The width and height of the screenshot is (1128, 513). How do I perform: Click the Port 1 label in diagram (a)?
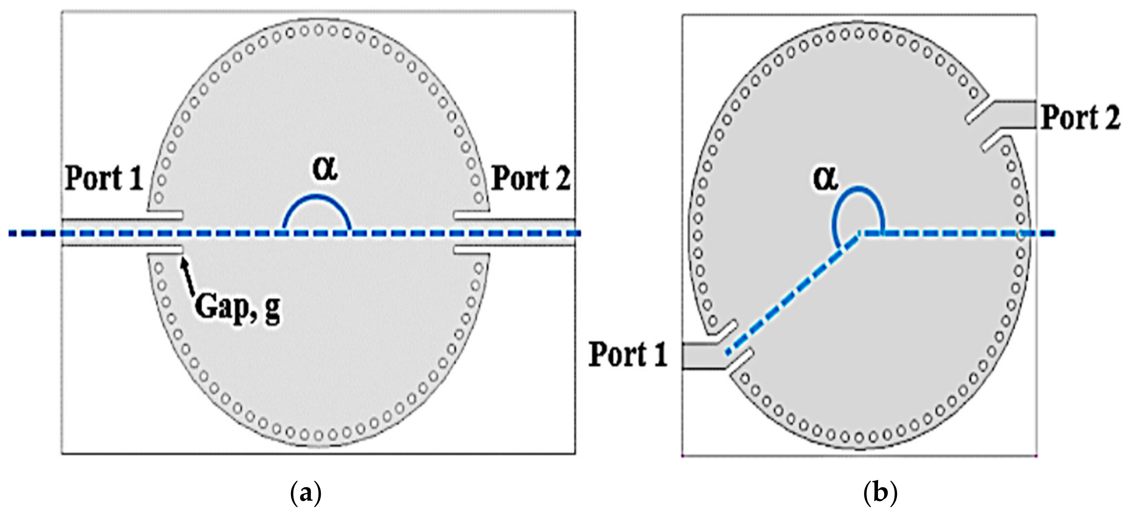click(x=104, y=179)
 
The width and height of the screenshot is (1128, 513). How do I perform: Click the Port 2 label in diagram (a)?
click(x=531, y=179)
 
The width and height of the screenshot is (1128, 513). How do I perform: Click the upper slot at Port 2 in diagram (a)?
click(x=471, y=216)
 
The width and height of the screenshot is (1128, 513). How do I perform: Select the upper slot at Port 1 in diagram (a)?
click(x=166, y=215)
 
